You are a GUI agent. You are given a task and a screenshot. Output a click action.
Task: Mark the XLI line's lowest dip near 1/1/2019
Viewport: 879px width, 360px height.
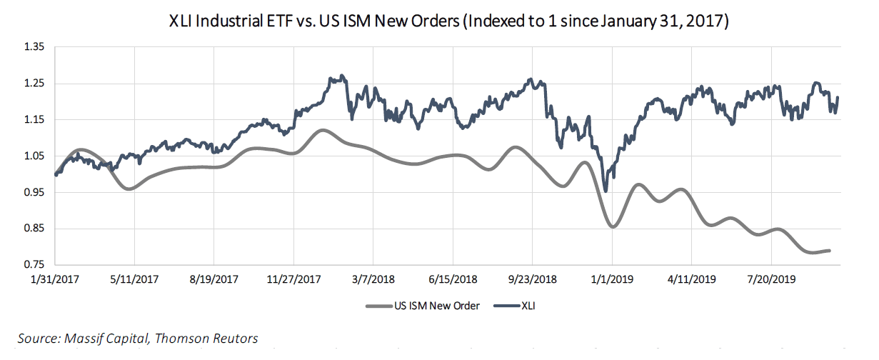pos(606,191)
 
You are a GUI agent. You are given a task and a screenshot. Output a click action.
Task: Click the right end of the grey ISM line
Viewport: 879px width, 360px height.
pos(829,250)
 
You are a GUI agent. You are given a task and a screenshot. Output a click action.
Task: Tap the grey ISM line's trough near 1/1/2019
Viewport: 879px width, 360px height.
pos(613,226)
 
